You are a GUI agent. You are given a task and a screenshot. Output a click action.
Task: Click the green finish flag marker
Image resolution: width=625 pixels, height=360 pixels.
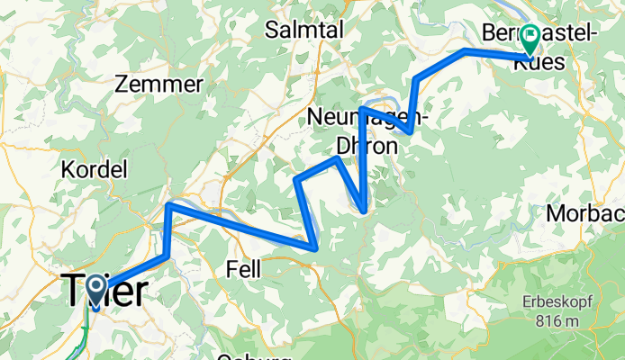click(x=530, y=38)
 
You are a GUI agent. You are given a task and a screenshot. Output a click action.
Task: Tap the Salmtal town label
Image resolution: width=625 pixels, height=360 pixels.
click(x=304, y=30)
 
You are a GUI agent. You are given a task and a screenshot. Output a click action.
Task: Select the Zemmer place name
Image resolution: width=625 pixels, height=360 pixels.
click(x=159, y=84)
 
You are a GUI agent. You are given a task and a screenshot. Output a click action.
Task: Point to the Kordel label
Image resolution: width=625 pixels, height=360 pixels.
click(x=94, y=168)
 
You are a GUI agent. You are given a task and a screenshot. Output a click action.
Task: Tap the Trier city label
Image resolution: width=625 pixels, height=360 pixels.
click(x=104, y=292)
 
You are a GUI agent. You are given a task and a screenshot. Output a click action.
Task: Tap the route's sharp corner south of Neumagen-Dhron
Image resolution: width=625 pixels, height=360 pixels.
click(x=363, y=211)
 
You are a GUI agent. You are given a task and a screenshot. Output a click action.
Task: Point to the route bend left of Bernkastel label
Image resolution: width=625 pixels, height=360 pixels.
click(x=465, y=51)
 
